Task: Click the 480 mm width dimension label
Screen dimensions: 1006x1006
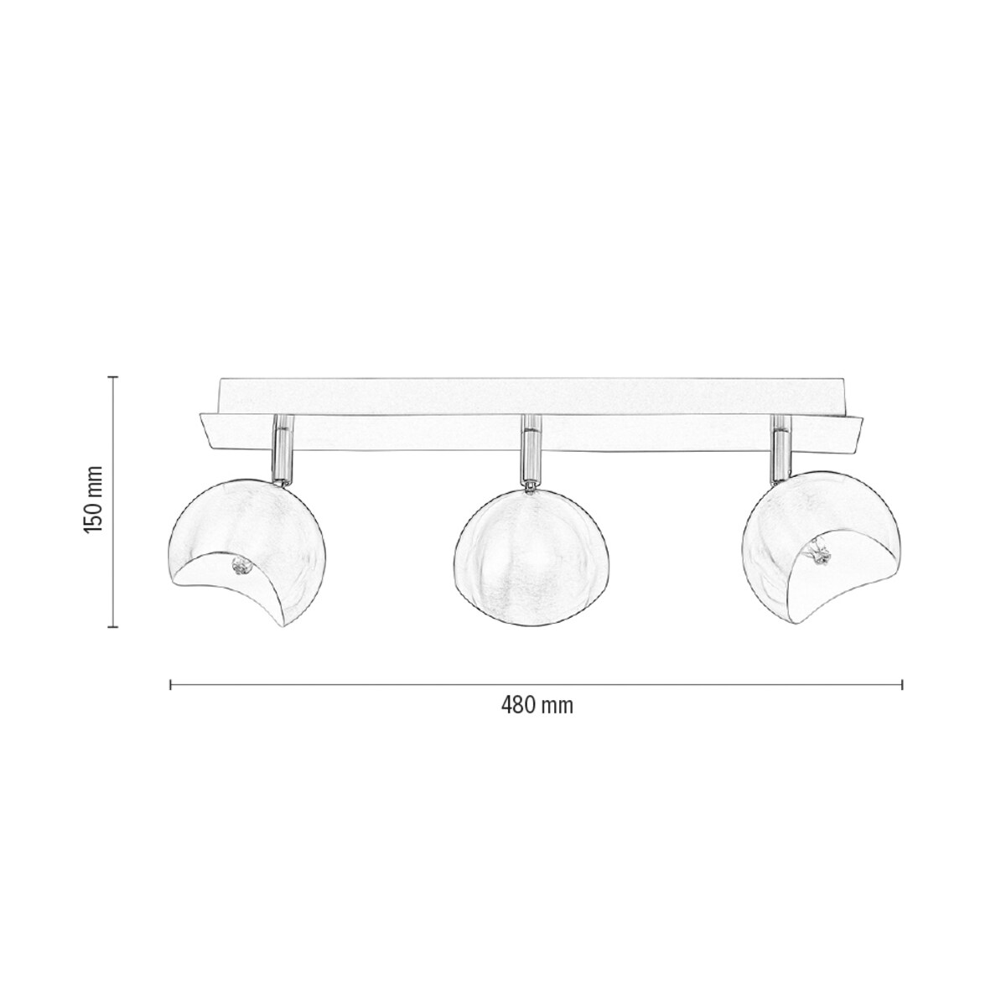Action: (x=537, y=706)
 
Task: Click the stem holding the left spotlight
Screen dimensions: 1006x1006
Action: (x=283, y=453)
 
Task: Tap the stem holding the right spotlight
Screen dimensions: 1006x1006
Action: (x=780, y=453)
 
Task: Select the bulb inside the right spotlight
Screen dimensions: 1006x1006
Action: (x=817, y=553)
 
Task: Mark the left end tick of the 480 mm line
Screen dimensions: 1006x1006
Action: (x=171, y=685)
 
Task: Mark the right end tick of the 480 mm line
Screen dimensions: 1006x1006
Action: (x=902, y=685)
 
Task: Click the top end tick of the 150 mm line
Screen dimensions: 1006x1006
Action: (x=115, y=377)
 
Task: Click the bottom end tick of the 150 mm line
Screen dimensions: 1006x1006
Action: (x=115, y=625)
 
